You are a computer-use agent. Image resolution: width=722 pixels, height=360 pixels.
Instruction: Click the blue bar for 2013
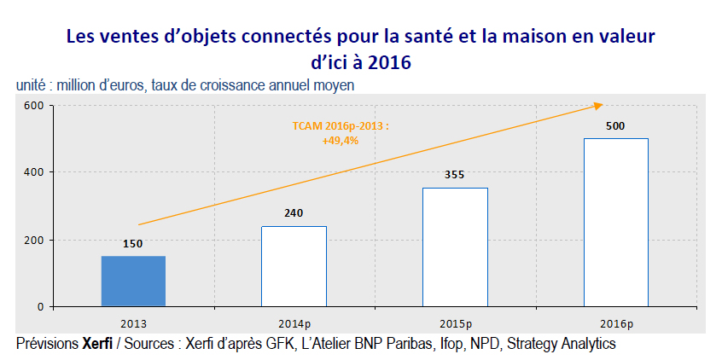[133, 281]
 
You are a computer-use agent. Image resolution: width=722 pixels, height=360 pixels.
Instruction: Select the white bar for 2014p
[294, 265]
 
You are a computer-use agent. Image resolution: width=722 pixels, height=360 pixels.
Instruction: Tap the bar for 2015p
[455, 247]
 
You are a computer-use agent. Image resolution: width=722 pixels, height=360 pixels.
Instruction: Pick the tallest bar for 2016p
[615, 222]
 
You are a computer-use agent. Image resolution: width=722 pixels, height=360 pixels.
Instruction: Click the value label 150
[133, 243]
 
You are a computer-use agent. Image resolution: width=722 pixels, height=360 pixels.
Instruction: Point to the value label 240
[294, 213]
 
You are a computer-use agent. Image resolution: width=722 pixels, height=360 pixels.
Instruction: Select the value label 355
[455, 175]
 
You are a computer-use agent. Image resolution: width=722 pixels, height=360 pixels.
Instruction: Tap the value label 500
[615, 126]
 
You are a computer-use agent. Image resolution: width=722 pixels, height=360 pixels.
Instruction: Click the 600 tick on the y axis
[32, 106]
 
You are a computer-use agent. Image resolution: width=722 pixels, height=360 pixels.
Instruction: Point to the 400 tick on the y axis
[32, 172]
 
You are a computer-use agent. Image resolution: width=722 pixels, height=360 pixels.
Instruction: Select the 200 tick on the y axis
[32, 240]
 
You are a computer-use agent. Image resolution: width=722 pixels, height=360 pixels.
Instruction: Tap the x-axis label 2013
[133, 322]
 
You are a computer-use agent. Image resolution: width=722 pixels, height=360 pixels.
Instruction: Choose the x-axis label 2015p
[455, 322]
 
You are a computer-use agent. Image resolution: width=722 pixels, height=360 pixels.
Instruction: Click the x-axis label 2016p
[615, 322]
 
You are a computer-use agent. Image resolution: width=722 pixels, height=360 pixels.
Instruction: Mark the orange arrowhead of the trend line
[598, 106]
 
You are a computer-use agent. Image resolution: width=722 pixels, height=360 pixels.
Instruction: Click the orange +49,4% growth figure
[340, 139]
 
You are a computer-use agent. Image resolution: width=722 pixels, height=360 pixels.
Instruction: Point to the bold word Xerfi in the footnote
[97, 344]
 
